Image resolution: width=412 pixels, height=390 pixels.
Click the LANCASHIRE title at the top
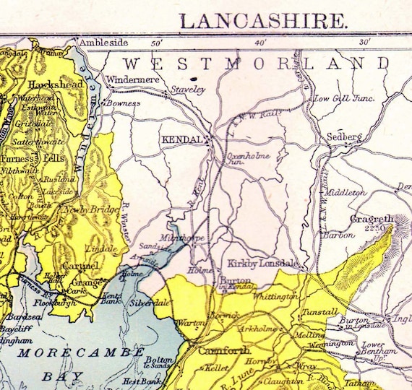(263, 20)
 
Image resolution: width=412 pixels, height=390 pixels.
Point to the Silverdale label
(150, 303)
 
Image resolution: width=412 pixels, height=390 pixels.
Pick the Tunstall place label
(321, 312)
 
